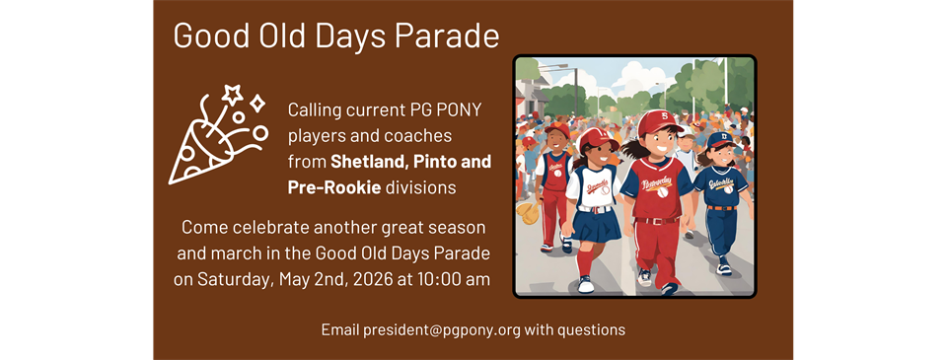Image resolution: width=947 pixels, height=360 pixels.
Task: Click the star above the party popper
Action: coord(232,95)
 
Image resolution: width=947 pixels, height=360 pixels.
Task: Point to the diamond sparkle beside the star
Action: coord(256,103)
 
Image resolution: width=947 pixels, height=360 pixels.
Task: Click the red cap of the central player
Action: coord(660,123)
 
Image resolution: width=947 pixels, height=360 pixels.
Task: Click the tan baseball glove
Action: coord(529,211)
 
